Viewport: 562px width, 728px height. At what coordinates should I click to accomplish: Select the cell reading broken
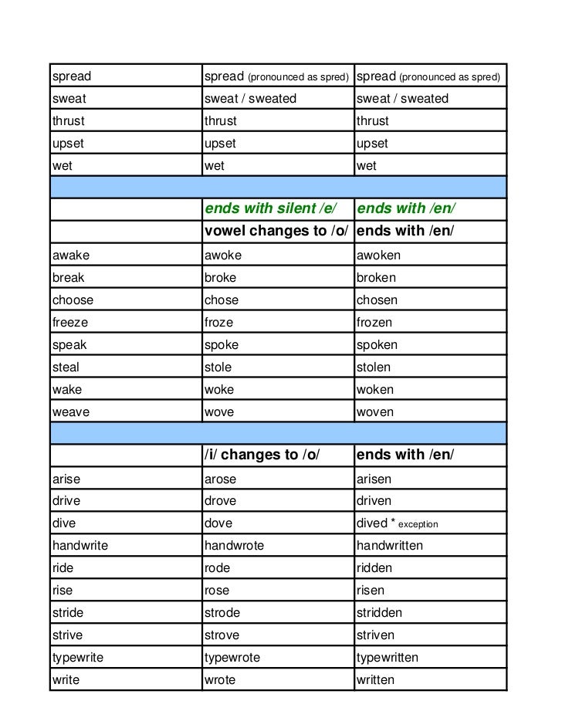point(376,278)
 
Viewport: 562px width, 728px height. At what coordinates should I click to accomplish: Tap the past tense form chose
point(222,300)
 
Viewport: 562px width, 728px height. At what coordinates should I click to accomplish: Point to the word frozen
point(374,323)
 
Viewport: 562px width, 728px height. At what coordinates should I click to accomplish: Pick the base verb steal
point(66,367)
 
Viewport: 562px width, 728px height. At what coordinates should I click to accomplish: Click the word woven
point(375,412)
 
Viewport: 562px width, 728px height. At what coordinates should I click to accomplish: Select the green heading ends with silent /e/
point(271,208)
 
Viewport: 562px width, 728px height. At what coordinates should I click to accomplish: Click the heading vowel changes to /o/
point(277,231)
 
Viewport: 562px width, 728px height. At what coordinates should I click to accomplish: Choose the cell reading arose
point(221,479)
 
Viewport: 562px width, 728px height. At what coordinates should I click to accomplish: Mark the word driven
point(374,501)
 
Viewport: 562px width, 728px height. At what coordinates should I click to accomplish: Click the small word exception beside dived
point(418,524)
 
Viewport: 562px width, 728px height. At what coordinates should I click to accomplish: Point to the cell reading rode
point(218,568)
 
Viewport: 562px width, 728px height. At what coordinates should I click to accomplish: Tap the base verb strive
point(67,635)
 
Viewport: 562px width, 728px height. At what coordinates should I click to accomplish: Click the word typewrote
point(232,658)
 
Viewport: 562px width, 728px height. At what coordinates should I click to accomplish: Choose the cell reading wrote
point(220,680)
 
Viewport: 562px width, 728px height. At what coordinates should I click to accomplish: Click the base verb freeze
point(70,323)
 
